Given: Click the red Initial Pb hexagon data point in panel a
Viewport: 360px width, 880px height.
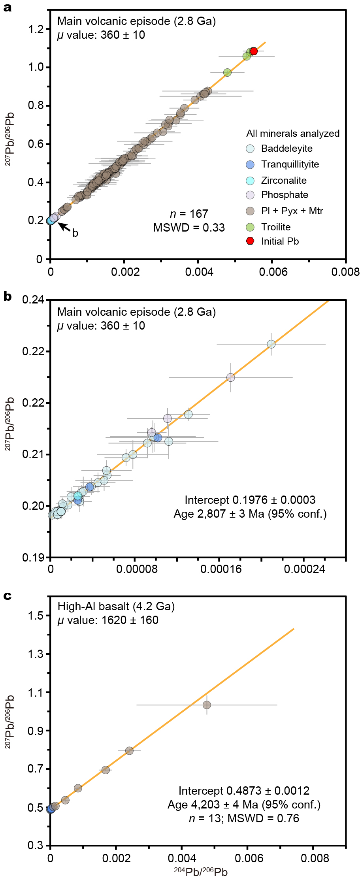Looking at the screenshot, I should (254, 51).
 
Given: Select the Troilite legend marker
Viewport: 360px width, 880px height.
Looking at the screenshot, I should (250, 227).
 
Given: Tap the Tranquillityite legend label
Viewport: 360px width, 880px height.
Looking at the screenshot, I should (290, 164).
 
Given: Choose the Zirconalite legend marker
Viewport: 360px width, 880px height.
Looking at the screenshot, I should (250, 181).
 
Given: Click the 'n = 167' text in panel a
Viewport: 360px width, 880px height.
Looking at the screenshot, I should (189, 214).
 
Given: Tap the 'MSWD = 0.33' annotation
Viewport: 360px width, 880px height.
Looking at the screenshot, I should (189, 228).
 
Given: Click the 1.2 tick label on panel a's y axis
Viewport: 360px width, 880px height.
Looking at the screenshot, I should (36, 29).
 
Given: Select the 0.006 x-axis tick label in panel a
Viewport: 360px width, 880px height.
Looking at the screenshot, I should (273, 272).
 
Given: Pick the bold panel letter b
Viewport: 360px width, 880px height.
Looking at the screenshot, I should (7, 297).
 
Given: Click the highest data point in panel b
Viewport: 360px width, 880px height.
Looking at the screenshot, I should (271, 344).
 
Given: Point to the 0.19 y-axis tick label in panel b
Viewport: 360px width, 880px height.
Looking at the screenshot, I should (33, 558).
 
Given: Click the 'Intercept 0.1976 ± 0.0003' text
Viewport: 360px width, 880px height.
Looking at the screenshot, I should (250, 500).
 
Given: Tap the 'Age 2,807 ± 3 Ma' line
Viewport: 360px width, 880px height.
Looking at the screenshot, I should (250, 514).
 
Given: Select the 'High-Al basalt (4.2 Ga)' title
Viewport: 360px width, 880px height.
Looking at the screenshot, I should (116, 606).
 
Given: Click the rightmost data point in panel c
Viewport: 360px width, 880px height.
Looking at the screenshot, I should (207, 705).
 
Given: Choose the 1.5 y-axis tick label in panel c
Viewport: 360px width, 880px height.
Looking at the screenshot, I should (36, 616).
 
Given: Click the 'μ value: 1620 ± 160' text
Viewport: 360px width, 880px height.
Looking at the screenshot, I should (108, 620).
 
